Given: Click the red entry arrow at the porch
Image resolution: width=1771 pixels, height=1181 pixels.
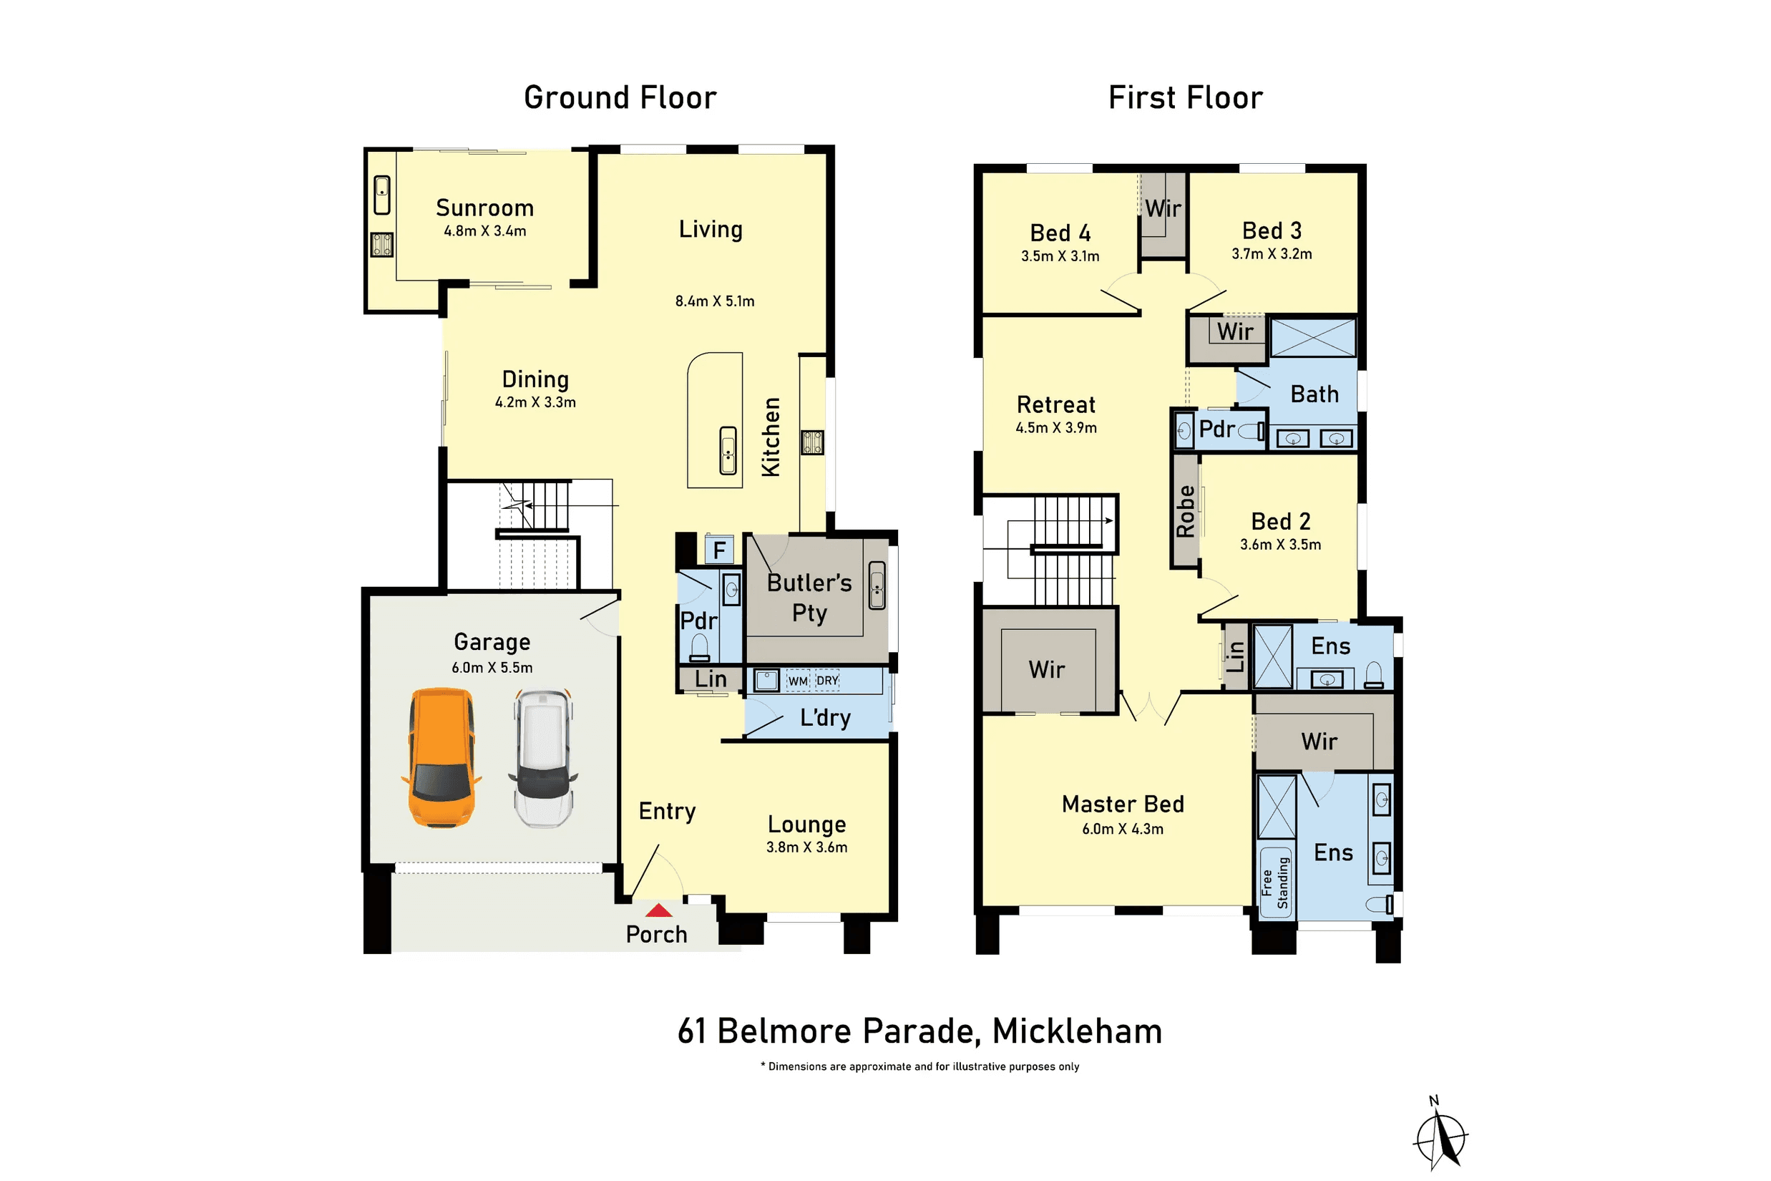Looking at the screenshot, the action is click(x=659, y=910).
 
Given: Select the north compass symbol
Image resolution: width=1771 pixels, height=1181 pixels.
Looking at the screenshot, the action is click(x=1440, y=1135).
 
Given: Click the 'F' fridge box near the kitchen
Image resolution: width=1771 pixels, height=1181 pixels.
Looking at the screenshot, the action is click(x=719, y=550).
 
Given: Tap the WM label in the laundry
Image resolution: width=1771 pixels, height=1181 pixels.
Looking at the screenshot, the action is click(x=798, y=681).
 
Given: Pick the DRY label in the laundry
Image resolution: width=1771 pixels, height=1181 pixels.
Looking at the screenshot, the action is click(x=827, y=680).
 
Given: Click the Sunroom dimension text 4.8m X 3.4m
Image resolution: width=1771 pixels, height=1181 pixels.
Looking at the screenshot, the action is click(x=485, y=231).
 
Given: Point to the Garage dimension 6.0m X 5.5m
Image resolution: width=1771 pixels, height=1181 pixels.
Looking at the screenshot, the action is click(x=492, y=667).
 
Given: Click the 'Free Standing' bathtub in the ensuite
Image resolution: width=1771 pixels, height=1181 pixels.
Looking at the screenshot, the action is click(x=1276, y=882).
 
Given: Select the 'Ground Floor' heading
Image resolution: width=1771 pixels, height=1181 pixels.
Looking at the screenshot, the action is click(x=620, y=98).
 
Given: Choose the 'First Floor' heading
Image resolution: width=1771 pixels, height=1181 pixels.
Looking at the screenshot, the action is click(x=1186, y=98).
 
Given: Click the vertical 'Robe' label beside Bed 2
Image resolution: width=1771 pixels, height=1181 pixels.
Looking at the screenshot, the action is click(x=1186, y=512).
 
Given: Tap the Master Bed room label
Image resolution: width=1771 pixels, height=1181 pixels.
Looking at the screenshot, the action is click(x=1123, y=805).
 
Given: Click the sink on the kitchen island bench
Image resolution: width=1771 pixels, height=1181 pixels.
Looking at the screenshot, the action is click(x=728, y=450).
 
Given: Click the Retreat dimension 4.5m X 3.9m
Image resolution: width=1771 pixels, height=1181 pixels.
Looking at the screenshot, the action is click(x=1055, y=428).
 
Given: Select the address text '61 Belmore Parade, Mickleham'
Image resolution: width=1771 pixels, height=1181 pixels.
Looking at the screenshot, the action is click(x=920, y=1032).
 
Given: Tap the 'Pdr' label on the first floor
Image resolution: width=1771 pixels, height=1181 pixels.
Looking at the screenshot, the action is click(x=1217, y=429).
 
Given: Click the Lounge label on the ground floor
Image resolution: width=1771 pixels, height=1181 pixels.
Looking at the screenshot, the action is click(x=806, y=825).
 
